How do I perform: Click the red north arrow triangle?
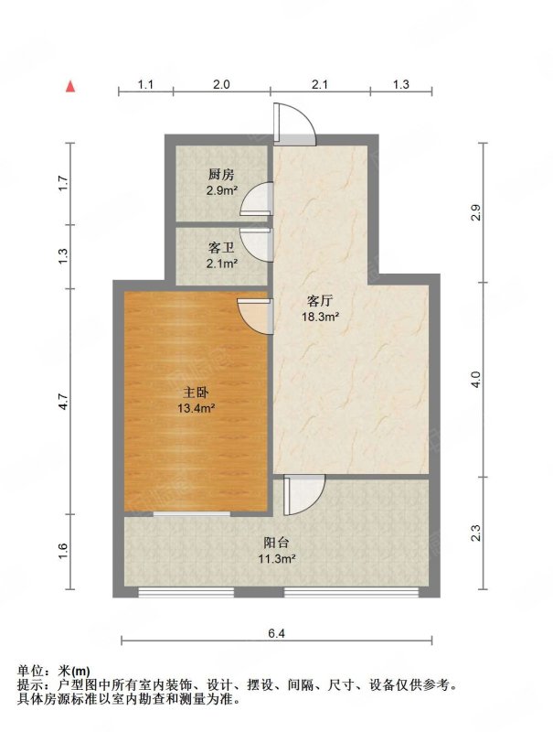tap(70, 86)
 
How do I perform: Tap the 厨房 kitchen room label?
tap(221, 175)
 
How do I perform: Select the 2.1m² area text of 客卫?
tap(222, 264)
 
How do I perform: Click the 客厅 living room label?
tap(320, 301)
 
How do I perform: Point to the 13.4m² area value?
tap(196, 408)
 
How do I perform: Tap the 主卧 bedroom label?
tap(196, 393)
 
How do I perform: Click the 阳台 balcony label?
tap(276, 543)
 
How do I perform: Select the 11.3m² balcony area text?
tap(278, 558)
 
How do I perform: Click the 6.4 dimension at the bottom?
tap(276, 633)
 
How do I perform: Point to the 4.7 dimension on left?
tap(64, 402)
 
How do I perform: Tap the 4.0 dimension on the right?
tap(475, 379)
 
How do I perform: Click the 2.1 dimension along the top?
tap(320, 84)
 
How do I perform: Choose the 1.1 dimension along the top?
tap(145, 84)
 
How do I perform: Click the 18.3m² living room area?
tap(320, 318)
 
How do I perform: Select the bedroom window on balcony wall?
tap(192, 514)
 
